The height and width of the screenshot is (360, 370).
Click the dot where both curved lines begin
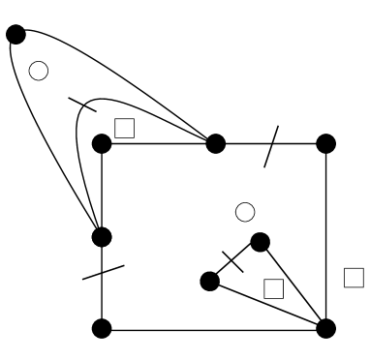point(15,35)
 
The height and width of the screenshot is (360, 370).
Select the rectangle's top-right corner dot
point(326,143)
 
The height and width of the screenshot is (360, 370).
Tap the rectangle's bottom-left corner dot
point(102,328)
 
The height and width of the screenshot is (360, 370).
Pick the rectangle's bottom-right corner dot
point(326,328)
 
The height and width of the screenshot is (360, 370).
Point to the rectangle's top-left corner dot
point(102,143)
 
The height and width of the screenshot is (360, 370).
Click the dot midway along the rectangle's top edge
point(215,143)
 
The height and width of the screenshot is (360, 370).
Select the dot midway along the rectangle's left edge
point(102,235)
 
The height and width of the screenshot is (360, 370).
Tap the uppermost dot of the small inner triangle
point(259,241)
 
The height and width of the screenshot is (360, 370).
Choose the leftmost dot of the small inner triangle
point(209,282)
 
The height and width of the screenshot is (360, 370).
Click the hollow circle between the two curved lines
point(39,71)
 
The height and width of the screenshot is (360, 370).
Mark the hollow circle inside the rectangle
point(245,210)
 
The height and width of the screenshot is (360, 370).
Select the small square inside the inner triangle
point(273,287)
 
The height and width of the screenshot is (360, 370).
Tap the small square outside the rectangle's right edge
point(354,277)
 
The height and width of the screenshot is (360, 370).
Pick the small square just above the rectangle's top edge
point(124,127)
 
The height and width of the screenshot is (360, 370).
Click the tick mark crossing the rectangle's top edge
point(271,145)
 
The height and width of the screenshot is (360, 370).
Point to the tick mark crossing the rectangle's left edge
point(103,272)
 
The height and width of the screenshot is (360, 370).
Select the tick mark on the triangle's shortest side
point(232,260)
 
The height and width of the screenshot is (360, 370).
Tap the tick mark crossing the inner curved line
point(81,105)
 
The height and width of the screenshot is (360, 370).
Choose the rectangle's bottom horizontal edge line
point(213,328)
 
